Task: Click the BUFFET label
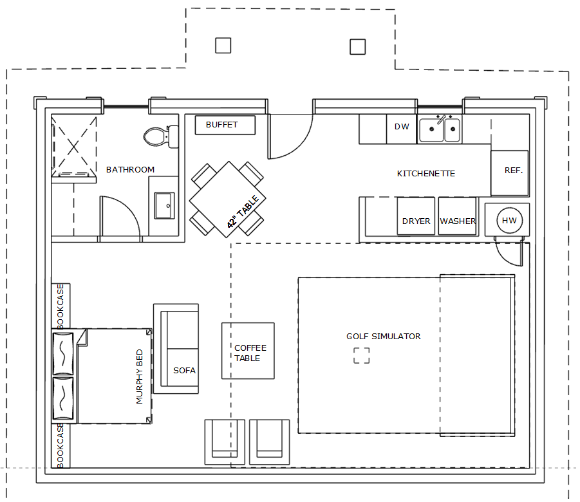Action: (x=221, y=125)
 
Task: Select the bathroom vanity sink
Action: (x=164, y=205)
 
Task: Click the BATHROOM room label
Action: (x=130, y=169)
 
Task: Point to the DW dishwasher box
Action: (x=402, y=129)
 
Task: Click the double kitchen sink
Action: (x=440, y=129)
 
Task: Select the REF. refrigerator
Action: (x=509, y=172)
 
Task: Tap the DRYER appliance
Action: (x=416, y=216)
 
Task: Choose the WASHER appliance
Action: (x=457, y=216)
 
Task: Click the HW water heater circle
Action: (x=509, y=221)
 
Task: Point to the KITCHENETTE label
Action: (x=426, y=174)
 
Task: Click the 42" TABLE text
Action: (x=243, y=212)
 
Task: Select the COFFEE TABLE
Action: (x=248, y=351)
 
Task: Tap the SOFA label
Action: (x=184, y=370)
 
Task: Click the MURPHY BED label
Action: (x=140, y=376)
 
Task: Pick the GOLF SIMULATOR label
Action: (x=383, y=336)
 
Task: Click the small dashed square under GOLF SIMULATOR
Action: (x=361, y=355)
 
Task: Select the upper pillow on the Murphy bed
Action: (x=63, y=354)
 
